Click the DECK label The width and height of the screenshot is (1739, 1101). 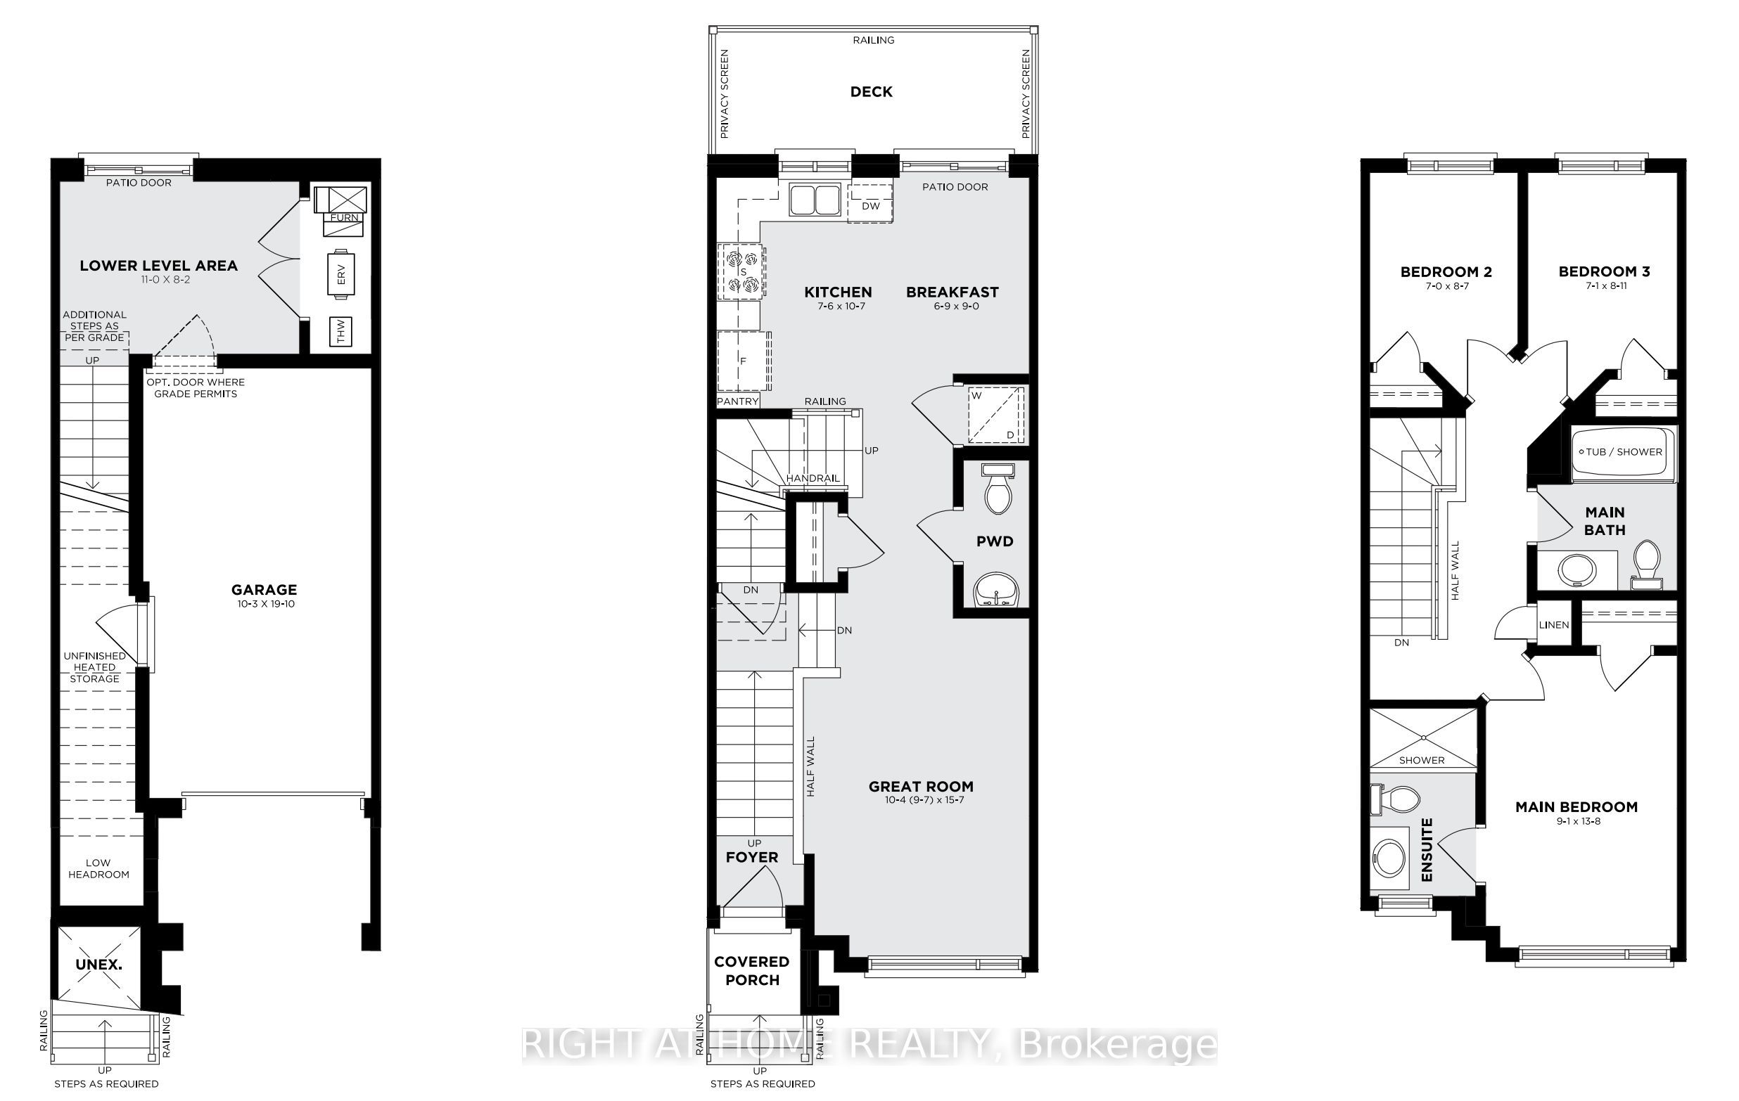tap(871, 91)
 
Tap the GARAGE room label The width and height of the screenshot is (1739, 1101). tap(265, 590)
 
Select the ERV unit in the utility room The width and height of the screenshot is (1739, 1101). tap(342, 274)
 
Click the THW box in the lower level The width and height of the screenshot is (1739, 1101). tap(341, 332)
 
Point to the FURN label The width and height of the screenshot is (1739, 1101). tap(345, 217)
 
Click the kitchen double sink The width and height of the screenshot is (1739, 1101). tap(814, 199)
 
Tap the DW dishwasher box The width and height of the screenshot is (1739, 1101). tap(870, 203)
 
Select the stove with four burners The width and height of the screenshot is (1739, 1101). tap(742, 272)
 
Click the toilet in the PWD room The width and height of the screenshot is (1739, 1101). tap(998, 488)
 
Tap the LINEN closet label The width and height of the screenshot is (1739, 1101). tap(1553, 624)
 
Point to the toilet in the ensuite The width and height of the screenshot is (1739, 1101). tap(1394, 799)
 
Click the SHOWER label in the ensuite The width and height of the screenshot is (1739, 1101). tap(1422, 760)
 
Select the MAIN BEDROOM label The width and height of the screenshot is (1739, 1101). tap(1576, 807)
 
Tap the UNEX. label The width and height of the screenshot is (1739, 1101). tap(99, 965)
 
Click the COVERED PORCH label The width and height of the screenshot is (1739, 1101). tap(752, 971)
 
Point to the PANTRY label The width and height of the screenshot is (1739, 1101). tap(738, 401)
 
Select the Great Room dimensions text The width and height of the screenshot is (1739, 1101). tap(921, 800)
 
